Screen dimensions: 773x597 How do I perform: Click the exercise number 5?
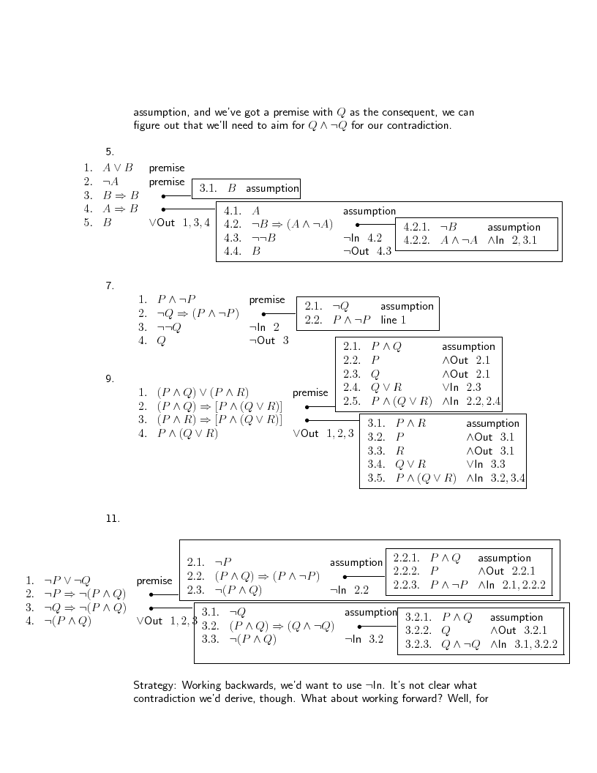[x=109, y=152]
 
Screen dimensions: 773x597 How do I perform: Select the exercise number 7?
[x=109, y=286]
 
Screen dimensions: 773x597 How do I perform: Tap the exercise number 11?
[x=112, y=519]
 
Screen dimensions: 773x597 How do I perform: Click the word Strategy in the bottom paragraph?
[x=154, y=686]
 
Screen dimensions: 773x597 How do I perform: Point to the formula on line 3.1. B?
[x=232, y=189]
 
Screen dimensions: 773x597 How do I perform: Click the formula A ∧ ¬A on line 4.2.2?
[x=459, y=240]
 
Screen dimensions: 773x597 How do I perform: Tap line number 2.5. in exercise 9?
[x=352, y=401]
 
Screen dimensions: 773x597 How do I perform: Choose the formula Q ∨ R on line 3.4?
[x=410, y=464]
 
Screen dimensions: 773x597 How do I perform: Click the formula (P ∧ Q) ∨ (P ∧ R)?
[x=203, y=392]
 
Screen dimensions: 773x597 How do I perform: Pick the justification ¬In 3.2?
[x=364, y=640]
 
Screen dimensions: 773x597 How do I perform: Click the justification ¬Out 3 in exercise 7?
[x=269, y=340]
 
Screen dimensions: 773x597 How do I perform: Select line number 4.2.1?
[x=416, y=227]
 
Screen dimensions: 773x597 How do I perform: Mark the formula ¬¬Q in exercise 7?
[x=169, y=327]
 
